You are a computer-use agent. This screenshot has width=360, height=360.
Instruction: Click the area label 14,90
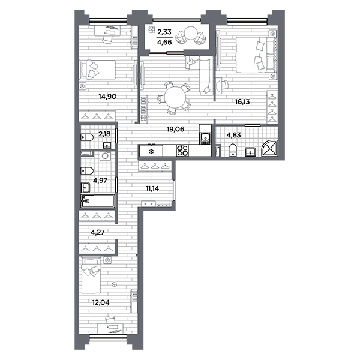click(107, 97)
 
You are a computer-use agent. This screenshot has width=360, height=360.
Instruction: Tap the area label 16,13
click(242, 102)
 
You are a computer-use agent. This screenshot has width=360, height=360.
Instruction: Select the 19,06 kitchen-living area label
click(175, 129)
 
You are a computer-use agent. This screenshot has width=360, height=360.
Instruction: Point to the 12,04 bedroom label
click(101, 302)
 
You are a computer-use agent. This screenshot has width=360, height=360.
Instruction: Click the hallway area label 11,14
click(152, 188)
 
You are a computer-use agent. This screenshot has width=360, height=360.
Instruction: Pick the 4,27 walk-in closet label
click(98, 232)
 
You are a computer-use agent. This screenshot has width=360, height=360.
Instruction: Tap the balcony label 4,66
click(164, 42)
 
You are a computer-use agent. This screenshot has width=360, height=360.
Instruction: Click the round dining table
click(175, 97)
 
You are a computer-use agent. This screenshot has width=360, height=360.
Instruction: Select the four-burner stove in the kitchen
click(182, 151)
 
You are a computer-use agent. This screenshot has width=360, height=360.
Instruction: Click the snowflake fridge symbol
click(151, 152)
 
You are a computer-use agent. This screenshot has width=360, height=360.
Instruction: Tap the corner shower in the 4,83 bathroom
click(270, 148)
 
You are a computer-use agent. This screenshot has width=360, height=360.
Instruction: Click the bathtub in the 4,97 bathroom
click(98, 201)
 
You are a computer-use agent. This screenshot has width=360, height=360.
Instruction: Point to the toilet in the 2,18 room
click(87, 137)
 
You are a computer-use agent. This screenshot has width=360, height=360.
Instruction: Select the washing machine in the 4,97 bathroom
click(106, 155)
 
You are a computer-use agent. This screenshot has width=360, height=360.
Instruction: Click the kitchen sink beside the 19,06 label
click(205, 139)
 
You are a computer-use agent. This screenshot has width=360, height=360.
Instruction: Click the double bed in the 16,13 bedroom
click(256, 55)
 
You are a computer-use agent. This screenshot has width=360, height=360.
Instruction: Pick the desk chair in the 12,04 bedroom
click(110, 320)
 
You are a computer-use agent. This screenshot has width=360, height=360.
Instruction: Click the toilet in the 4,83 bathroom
click(233, 151)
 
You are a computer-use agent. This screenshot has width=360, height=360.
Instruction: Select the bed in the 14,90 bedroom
click(97, 70)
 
